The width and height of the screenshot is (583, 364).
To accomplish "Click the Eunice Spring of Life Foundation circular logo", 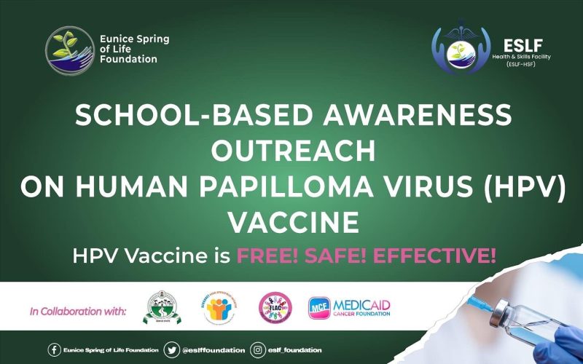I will (69, 52).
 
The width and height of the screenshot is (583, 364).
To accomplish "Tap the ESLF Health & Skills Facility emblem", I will (461, 50).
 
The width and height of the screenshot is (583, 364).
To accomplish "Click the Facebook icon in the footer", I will (54, 350).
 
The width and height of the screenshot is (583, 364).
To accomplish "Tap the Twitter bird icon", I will (171, 350).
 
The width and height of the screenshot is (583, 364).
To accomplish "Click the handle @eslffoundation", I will (214, 350).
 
